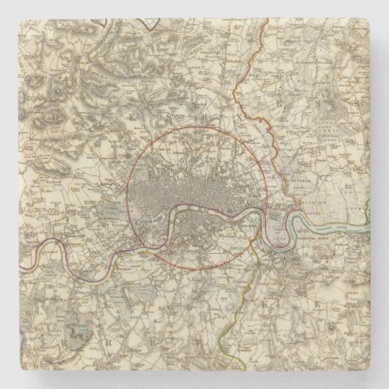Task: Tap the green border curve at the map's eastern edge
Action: click(x=368, y=213)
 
